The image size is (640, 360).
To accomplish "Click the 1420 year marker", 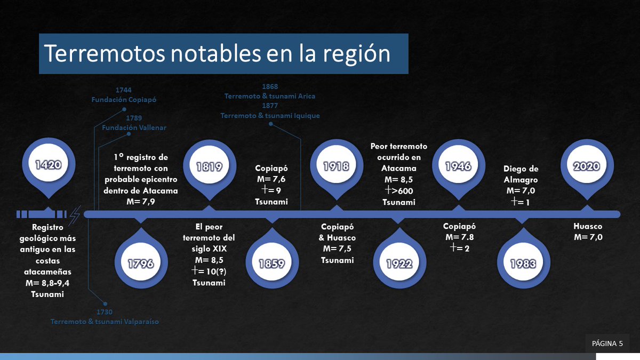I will [x=48, y=165].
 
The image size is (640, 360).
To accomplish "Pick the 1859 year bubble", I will [x=271, y=263].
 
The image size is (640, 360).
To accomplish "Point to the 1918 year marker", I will [x=335, y=166].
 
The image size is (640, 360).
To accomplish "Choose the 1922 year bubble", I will [x=399, y=263].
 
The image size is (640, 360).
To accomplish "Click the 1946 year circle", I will [x=458, y=166].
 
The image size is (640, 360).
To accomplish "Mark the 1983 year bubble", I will [x=522, y=263].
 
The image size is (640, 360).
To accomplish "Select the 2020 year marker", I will [x=586, y=166].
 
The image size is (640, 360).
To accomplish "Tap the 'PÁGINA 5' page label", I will [x=607, y=343].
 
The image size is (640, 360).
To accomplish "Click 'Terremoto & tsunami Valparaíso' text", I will [x=105, y=322].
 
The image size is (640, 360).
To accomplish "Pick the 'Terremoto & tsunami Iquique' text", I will [x=270, y=115].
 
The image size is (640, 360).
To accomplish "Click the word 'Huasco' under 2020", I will [x=588, y=227].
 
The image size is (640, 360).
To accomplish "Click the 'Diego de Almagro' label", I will [x=521, y=174].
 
